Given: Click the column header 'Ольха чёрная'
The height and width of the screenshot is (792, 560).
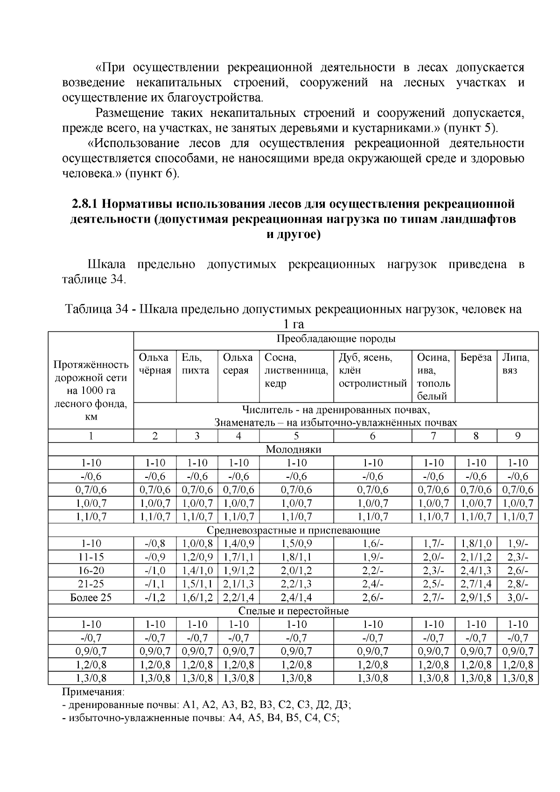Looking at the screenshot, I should point(154,364).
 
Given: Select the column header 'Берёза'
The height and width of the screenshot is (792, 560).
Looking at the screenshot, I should point(476,358).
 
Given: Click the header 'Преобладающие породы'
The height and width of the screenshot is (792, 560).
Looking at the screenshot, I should point(336,339).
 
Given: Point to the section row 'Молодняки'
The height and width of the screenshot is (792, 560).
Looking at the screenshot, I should point(293,449).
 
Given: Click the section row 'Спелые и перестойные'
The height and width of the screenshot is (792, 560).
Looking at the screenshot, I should point(293,611).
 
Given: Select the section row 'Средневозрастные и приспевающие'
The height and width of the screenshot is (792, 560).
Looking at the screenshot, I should point(293,530).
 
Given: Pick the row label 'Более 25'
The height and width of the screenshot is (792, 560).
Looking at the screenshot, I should point(91,597).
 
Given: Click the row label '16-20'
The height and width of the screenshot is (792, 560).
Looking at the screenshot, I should point(91,570).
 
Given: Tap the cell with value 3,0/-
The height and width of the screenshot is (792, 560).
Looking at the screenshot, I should point(517,597).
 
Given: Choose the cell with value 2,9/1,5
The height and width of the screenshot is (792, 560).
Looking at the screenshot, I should point(476,597).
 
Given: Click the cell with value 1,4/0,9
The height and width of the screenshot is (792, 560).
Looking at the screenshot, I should point(238,544).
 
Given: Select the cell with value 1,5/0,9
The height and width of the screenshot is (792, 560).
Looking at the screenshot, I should point(296,544).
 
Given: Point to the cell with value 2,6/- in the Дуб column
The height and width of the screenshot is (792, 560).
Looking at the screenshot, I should point(372,597).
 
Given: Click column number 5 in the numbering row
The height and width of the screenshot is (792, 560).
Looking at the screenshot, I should point(296,436).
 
